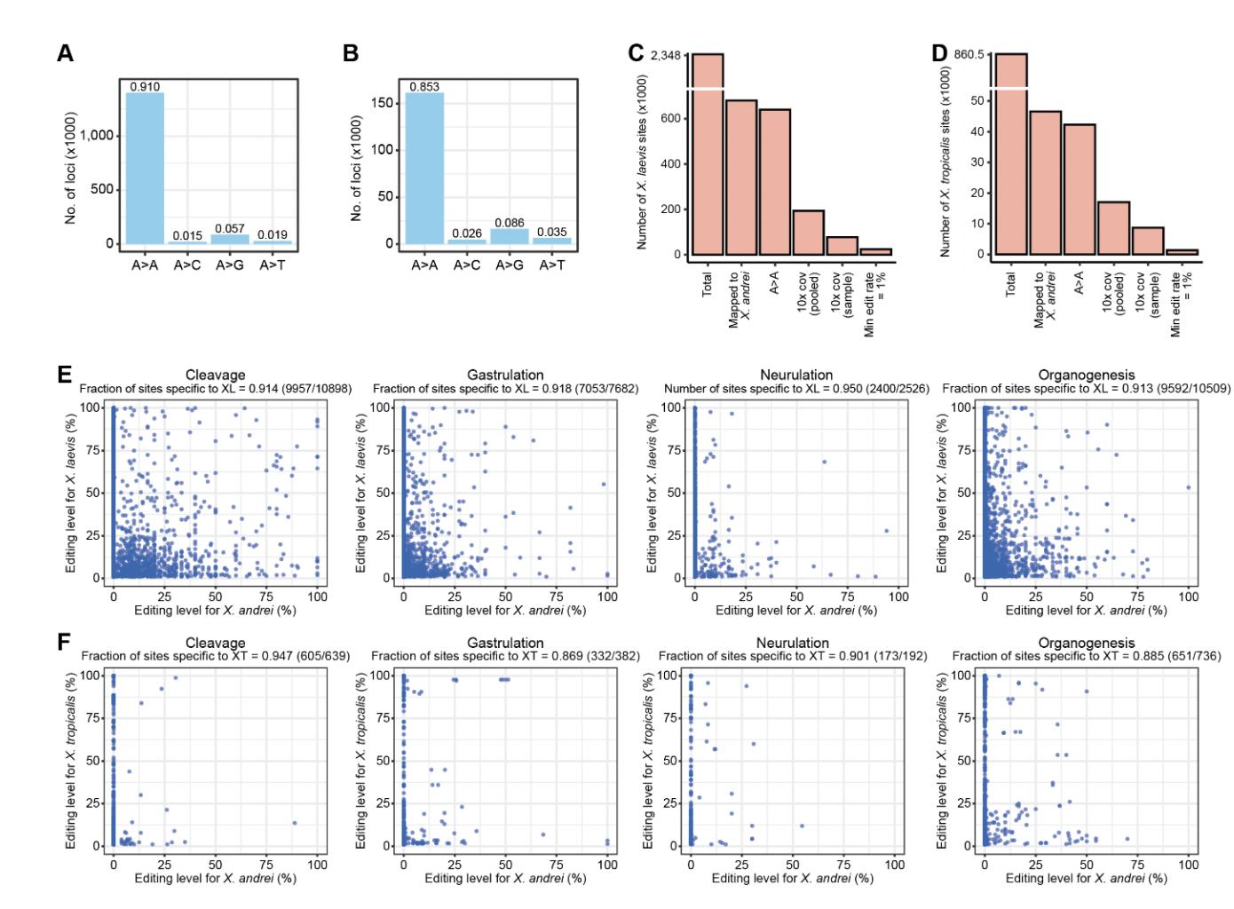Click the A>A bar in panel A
145,168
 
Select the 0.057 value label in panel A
229,228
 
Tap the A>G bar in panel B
510,236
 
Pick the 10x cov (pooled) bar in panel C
809,233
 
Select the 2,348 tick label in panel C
666,55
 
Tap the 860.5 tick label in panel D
969,54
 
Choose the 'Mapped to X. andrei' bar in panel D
1045,183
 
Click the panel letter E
64,374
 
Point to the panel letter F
64,641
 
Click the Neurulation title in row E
796,375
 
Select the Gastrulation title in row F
505,643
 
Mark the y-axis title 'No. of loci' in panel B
356,168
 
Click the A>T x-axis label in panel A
273,265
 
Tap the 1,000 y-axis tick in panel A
98,135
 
